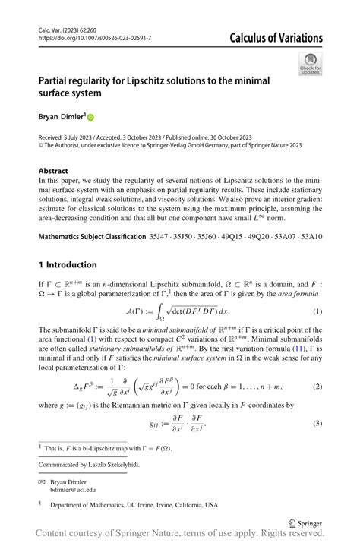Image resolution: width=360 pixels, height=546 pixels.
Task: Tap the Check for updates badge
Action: (x=310, y=64)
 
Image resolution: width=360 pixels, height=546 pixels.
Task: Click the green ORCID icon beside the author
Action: (x=90, y=117)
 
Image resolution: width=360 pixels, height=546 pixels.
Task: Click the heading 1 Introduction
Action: (x=68, y=264)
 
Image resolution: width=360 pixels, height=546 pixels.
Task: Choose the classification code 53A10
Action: (x=308, y=237)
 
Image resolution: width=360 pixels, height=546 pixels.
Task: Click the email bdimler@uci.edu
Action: (x=72, y=490)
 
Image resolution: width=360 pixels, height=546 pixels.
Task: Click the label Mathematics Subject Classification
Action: (x=91, y=237)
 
